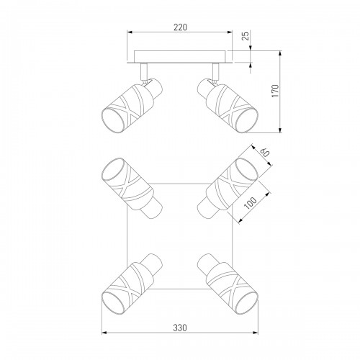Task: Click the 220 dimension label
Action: [x=180, y=27]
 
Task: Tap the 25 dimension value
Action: [x=246, y=36]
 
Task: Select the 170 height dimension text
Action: [x=276, y=91]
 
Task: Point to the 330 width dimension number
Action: [x=180, y=328]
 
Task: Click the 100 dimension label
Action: [x=250, y=203]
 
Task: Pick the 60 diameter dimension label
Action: [x=265, y=153]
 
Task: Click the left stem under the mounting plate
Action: [x=143, y=72]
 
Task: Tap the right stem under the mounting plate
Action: [x=216, y=71]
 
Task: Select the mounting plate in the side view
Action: [x=180, y=57]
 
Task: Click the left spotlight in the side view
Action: [x=132, y=106]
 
